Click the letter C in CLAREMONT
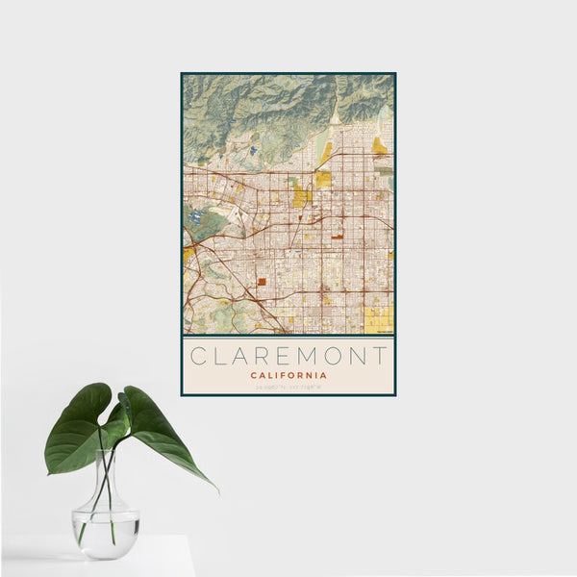[x=197, y=356]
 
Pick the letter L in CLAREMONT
[x=220, y=356]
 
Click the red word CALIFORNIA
[x=288, y=375]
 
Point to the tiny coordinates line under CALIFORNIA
[x=288, y=388]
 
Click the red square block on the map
[x=261, y=282]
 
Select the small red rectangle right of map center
[x=338, y=234]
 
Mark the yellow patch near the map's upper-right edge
[x=379, y=146]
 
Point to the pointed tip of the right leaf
[x=217, y=490]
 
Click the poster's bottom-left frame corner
[x=182, y=394]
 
